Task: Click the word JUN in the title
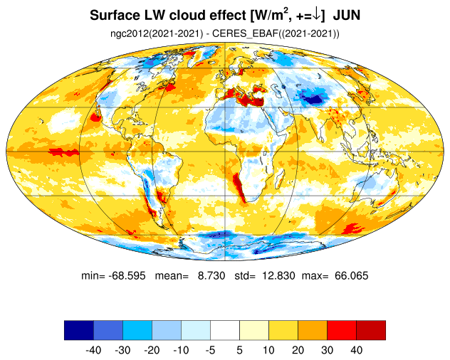point(346,16)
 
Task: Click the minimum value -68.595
point(127,275)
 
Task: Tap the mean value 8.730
point(211,275)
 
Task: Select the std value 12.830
point(278,275)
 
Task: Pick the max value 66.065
point(351,275)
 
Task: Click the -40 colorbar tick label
point(93,350)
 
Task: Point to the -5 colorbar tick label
point(210,350)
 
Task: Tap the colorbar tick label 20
point(298,350)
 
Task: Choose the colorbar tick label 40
point(357,350)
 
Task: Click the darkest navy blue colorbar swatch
point(79,330)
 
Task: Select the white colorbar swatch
point(225,330)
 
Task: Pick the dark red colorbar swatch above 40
point(371,330)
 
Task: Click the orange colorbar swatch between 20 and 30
point(313,330)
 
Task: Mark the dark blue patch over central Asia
point(313,99)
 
